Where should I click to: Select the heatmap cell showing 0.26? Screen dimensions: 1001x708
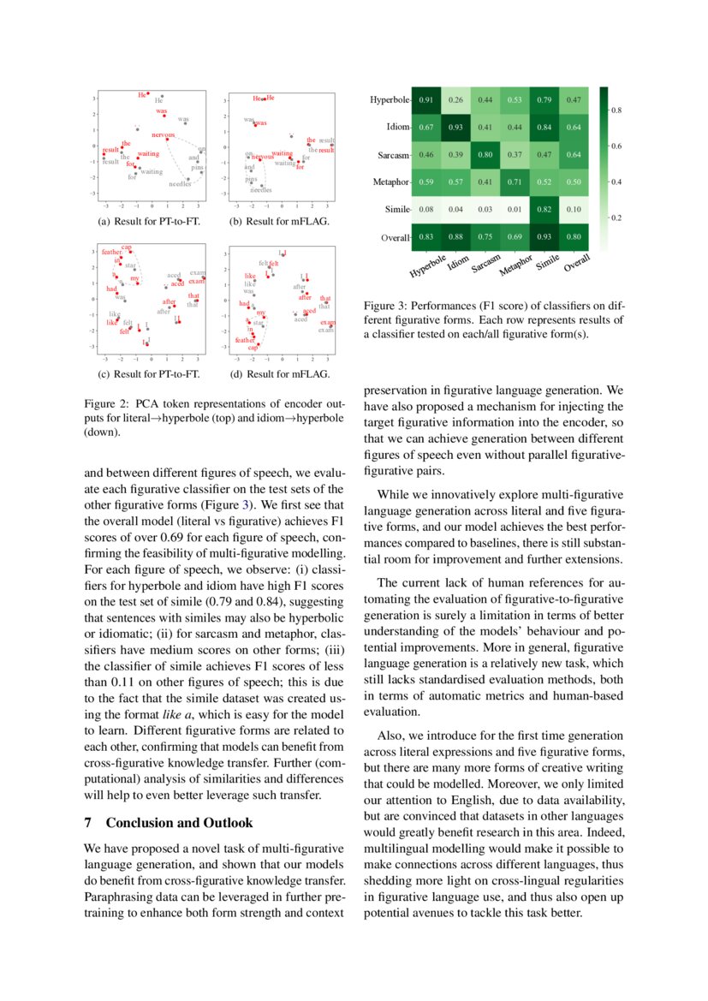coord(456,100)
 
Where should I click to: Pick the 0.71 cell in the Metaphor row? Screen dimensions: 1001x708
coord(515,182)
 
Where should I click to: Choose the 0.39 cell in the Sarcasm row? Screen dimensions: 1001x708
coord(456,155)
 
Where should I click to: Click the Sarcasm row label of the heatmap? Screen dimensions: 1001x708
coord(393,155)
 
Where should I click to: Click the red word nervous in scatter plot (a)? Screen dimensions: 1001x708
coord(164,135)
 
